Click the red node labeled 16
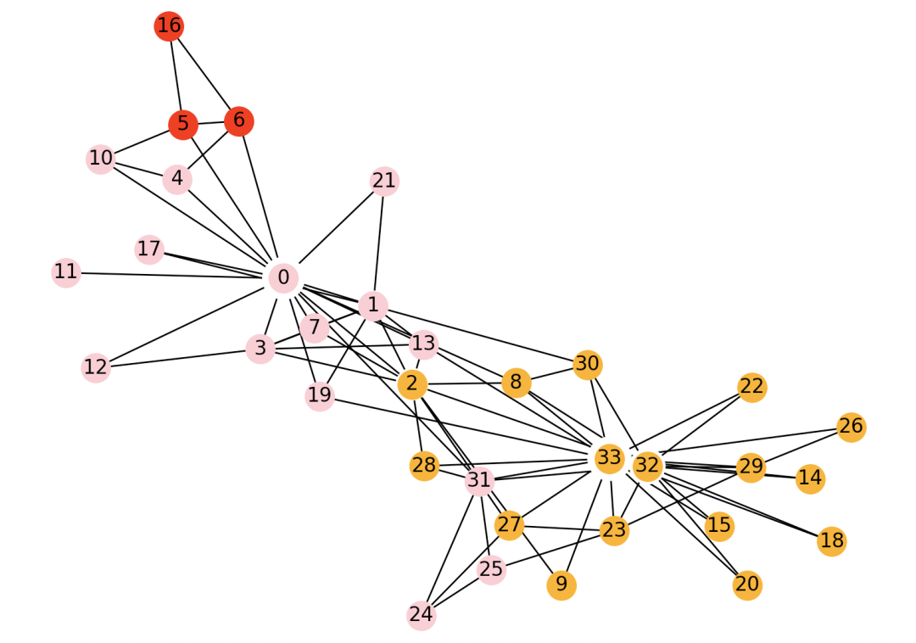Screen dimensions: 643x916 [169, 26]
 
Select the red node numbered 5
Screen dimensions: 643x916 [183, 125]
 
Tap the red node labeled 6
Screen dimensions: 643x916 [239, 120]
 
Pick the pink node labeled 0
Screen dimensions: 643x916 [283, 277]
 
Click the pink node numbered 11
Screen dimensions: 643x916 [66, 272]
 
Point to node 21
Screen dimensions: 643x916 [384, 181]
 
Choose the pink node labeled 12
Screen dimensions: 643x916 [96, 367]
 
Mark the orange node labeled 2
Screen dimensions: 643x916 [412, 384]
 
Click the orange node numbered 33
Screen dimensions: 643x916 [609, 459]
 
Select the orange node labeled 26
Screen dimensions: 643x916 [852, 427]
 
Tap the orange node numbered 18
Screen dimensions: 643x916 [832, 541]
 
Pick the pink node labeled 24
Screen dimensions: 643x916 [422, 615]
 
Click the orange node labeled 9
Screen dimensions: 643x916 [561, 585]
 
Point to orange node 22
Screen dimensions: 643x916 [751, 387]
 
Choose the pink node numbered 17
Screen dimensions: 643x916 [149, 249]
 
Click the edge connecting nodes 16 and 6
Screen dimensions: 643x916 [204, 74]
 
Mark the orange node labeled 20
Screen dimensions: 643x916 [747, 585]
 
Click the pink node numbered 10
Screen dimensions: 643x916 [101, 158]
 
